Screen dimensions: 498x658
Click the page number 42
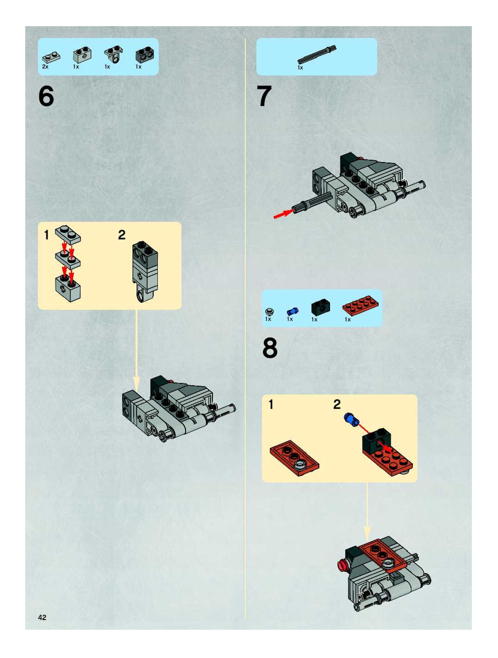coord(42,617)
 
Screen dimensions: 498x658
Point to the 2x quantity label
coord(45,67)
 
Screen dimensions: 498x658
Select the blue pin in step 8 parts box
coord(293,311)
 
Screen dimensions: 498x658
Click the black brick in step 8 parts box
coord(321,308)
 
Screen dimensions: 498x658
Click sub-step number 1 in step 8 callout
coord(271,404)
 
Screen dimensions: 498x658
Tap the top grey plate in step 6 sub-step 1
coord(68,234)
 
